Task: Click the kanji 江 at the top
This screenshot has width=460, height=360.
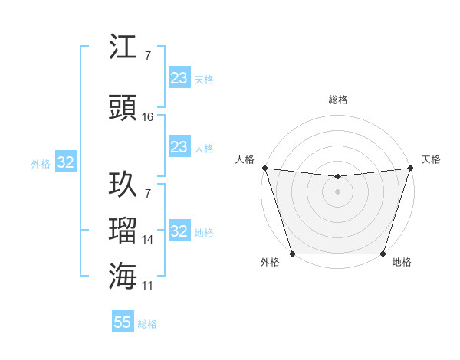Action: [123, 49]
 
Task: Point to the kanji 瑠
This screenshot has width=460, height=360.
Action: [123, 230]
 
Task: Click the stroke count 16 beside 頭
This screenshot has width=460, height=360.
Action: [148, 117]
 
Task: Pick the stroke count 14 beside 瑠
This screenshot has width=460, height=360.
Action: [148, 240]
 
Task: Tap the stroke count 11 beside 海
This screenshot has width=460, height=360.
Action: [148, 286]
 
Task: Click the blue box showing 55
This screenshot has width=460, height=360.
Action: [123, 322]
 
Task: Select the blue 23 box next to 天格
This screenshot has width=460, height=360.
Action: [179, 77]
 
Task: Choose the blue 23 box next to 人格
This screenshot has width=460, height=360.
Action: [179, 147]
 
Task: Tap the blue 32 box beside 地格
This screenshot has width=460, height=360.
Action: [179, 231]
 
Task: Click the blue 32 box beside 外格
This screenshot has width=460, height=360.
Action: [65, 162]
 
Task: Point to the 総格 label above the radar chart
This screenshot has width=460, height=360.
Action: [337, 100]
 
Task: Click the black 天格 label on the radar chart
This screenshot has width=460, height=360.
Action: [431, 159]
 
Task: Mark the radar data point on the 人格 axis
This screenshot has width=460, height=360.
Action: [264, 168]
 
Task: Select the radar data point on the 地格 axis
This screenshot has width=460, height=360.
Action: [383, 254]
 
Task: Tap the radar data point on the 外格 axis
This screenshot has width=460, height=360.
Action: [292, 254]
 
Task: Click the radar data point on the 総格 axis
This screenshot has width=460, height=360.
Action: [337, 177]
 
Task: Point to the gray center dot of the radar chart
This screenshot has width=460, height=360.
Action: [337, 191]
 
